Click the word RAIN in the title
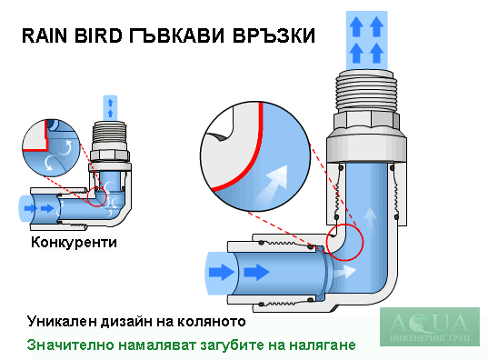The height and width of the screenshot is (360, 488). pyautogui.click(x=45, y=35)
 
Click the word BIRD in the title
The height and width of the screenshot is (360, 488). pyautogui.click(x=98, y=35)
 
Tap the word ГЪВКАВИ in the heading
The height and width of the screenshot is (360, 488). pyautogui.click(x=176, y=35)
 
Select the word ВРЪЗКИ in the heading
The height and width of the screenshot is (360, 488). pyautogui.click(x=274, y=35)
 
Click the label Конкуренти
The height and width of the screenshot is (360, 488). pyautogui.click(x=75, y=243)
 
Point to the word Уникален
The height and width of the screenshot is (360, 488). pyautogui.click(x=62, y=321)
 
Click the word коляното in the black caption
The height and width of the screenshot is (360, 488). pyautogui.click(x=212, y=322)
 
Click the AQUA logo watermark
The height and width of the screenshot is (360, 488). pyautogui.click(x=430, y=326)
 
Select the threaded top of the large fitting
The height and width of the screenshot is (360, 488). pyautogui.click(x=367, y=91)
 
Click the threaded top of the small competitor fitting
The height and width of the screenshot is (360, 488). pyautogui.click(x=110, y=135)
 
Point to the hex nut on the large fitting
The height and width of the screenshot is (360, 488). pyautogui.click(x=366, y=121)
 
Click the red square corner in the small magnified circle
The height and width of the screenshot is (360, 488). pyautogui.click(x=46, y=150)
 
